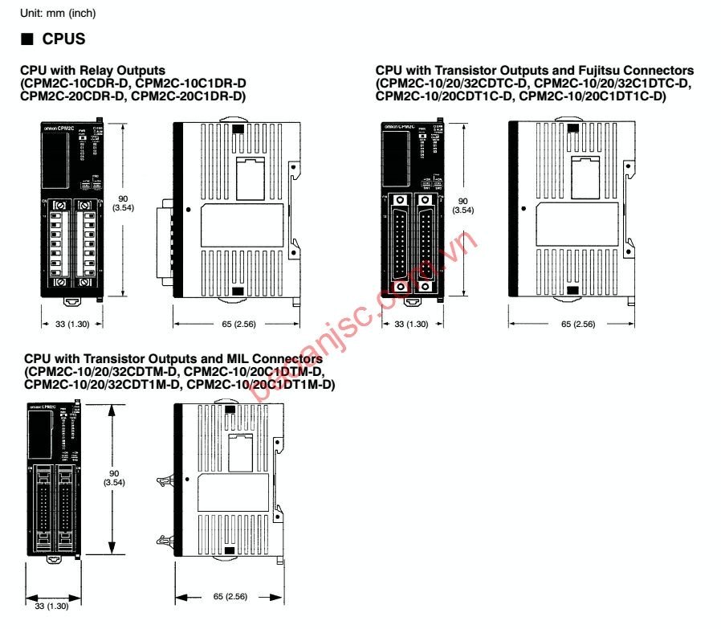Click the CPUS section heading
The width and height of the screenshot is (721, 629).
pos(63,39)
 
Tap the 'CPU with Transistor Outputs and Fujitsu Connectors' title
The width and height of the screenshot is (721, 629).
pos(534,71)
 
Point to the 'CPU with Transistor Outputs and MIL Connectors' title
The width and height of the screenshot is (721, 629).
pos(173,359)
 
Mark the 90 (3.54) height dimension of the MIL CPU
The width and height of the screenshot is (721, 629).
pos(112,478)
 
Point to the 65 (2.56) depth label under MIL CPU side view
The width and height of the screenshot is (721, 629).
pos(230,597)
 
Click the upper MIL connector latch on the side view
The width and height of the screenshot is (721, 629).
pos(166,483)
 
